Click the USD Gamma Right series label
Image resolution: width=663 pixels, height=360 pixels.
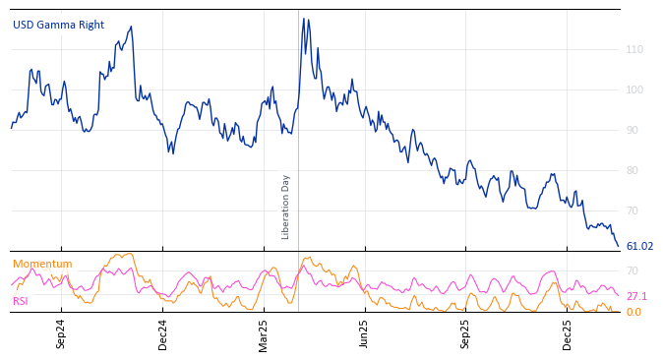pyautogui.click(x=58, y=25)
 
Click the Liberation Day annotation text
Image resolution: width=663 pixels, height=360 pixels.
pyautogui.click(x=286, y=207)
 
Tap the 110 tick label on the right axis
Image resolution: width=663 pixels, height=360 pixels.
pyautogui.click(x=634, y=49)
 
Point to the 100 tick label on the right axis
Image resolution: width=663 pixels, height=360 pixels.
pyautogui.click(x=634, y=90)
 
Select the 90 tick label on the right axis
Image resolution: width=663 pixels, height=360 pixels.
pyautogui.click(x=632, y=130)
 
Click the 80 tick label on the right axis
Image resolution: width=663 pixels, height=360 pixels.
pyautogui.click(x=632, y=170)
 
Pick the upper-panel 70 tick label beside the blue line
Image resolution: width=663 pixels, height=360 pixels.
pyautogui.click(x=632, y=210)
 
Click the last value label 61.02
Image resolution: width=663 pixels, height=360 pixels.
pyautogui.click(x=639, y=247)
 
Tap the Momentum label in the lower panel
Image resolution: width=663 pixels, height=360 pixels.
pyautogui.click(x=42, y=264)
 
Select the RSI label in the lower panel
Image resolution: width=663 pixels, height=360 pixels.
pyautogui.click(x=21, y=301)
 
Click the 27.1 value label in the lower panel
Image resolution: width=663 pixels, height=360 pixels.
pyautogui.click(x=636, y=296)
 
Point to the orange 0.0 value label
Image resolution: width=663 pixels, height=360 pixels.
pyautogui.click(x=633, y=312)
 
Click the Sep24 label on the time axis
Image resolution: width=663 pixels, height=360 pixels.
pyautogui.click(x=61, y=334)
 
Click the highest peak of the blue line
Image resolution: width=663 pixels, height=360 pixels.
pyautogui.click(x=304, y=19)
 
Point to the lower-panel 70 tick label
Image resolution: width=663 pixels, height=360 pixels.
pyautogui.click(x=632, y=270)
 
